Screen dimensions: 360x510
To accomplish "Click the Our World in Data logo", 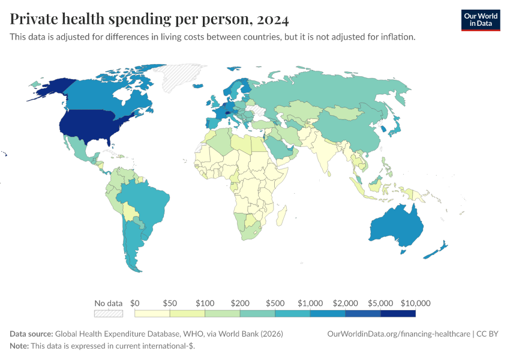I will tap(480, 20).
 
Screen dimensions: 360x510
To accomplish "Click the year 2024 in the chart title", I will tap(272, 20).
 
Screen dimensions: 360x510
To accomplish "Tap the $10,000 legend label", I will tap(416, 303).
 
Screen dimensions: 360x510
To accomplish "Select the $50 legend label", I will tap(170, 303).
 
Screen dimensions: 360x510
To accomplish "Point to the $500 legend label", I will tap(275, 303).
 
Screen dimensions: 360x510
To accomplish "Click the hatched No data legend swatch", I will tap(109, 313).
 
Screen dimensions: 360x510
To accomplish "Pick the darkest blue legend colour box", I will tap(398, 313).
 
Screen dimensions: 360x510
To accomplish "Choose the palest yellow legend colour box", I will tap(152, 313).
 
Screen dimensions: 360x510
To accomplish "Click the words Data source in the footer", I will tap(31, 334).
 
